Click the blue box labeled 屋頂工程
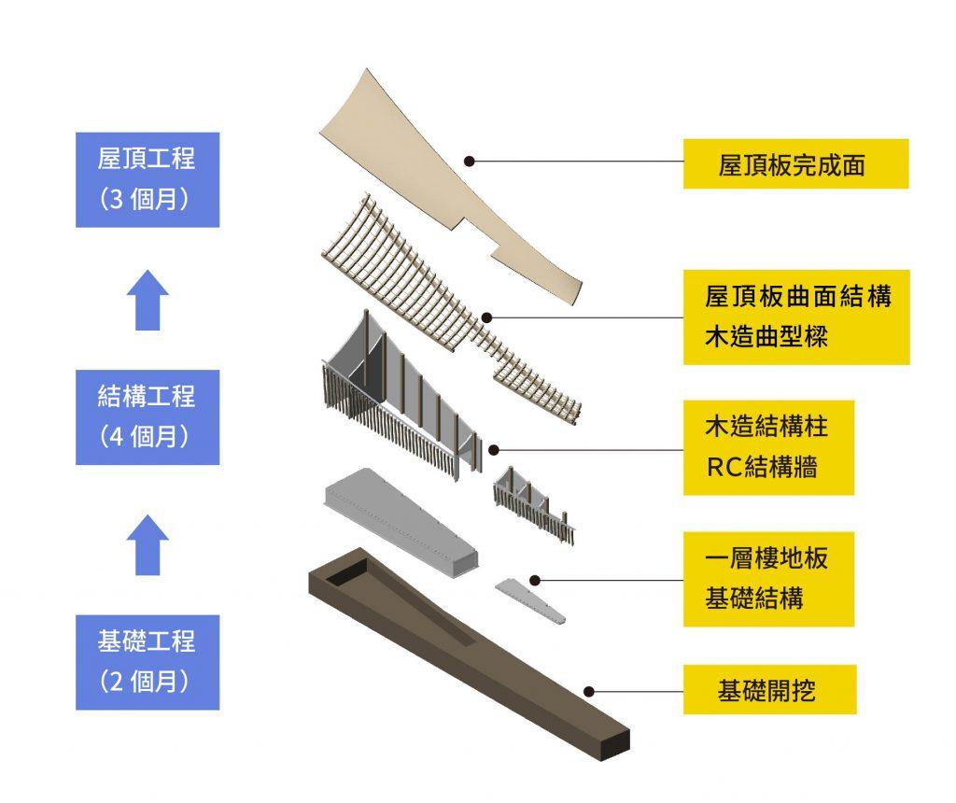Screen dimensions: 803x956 pyautogui.click(x=148, y=179)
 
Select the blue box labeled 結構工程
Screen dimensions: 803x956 pyautogui.click(x=148, y=416)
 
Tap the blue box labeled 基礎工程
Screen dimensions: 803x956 pyautogui.click(x=148, y=661)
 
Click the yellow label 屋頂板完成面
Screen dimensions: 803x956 pyautogui.click(x=795, y=164)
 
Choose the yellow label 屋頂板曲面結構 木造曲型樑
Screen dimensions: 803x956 pyautogui.click(x=795, y=317)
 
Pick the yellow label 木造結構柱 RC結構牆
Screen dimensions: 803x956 pyautogui.click(x=767, y=447)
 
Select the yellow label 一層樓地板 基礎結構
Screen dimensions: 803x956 pyautogui.click(x=767, y=579)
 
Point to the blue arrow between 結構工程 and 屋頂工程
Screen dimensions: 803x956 pyautogui.click(x=148, y=300)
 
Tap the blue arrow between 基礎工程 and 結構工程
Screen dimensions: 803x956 pyautogui.click(x=148, y=544)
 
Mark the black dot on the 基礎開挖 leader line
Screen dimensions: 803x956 pyautogui.click(x=589, y=692)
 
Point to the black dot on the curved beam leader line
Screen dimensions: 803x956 pyautogui.click(x=486, y=317)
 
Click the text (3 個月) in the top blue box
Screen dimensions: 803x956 pyautogui.click(x=148, y=201)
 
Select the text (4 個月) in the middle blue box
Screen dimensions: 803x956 pyautogui.click(x=148, y=437)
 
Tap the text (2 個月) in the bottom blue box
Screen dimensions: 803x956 pyautogui.click(x=148, y=683)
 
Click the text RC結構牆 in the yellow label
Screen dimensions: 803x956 pyautogui.click(x=762, y=467)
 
